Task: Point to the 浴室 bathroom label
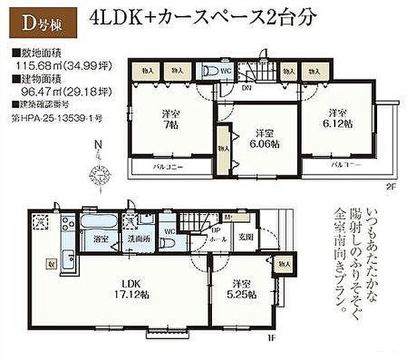[92, 238]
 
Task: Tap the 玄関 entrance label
[245, 236]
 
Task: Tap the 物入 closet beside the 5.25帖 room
[284, 264]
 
